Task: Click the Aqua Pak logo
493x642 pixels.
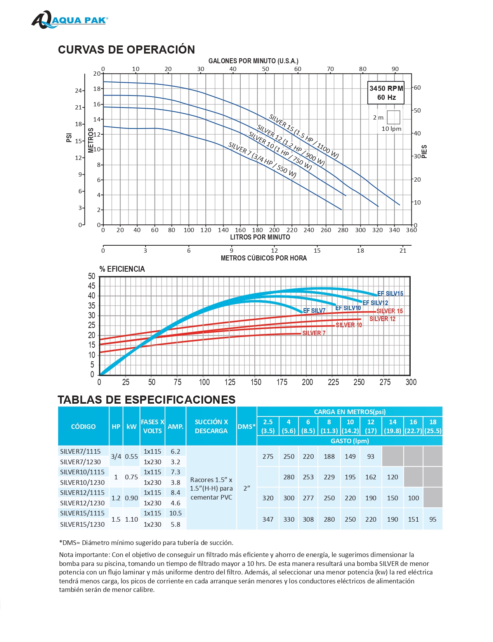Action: pyautogui.click(x=69, y=20)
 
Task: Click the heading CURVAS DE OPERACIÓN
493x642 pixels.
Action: pyautogui.click(x=126, y=50)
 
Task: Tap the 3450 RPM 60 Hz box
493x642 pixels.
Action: pyautogui.click(x=386, y=93)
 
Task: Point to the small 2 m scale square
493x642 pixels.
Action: pyautogui.click(x=393, y=117)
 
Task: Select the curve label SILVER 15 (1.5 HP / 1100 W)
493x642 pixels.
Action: pyautogui.click(x=304, y=136)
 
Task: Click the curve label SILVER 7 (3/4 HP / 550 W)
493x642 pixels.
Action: pyautogui.click(x=262, y=160)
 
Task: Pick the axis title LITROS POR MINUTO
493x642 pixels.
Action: pyautogui.click(x=260, y=237)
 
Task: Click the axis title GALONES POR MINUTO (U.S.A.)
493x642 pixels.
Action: pyautogui.click(x=253, y=61)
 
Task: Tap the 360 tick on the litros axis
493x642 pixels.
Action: pyautogui.click(x=411, y=230)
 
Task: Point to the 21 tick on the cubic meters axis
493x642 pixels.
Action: pyautogui.click(x=403, y=251)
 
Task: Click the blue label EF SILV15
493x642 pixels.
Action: pyautogui.click(x=390, y=294)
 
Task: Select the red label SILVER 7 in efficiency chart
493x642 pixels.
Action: pyautogui.click(x=314, y=333)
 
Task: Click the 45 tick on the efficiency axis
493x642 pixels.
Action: pyautogui.click(x=92, y=286)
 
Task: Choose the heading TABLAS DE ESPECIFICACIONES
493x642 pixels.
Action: pyautogui.click(x=146, y=400)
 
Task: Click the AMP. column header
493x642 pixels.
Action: pyautogui.click(x=175, y=427)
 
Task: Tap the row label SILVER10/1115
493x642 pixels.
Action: pyautogui.click(x=82, y=472)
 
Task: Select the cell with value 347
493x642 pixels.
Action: pyautogui.click(x=268, y=519)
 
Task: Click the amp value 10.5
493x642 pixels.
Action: pyautogui.click(x=175, y=513)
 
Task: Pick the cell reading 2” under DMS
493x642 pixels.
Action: pyautogui.click(x=246, y=488)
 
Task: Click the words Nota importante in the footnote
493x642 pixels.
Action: pyautogui.click(x=84, y=555)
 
